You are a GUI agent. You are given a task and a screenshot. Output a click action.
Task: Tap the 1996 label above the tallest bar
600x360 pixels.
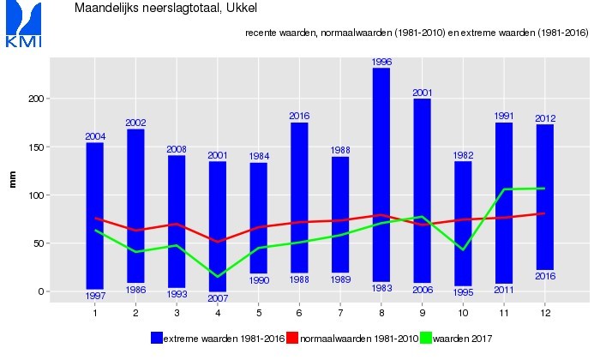coord(381,62)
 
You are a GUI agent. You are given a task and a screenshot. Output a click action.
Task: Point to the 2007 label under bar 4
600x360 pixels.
coord(218,298)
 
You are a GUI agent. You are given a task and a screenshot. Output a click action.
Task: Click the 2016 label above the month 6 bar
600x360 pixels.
coord(299,116)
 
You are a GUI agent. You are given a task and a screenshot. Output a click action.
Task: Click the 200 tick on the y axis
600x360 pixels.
coord(34,99)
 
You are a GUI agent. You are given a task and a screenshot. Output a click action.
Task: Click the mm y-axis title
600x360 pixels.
coord(12,179)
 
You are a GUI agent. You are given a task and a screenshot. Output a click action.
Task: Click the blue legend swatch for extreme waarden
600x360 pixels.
coord(156,338)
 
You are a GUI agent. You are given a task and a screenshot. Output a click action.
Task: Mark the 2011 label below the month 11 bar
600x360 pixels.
coord(504,290)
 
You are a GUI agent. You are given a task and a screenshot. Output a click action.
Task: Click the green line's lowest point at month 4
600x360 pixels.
coord(218,276)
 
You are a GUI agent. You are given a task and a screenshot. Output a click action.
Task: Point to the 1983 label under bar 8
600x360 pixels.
coord(381,288)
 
